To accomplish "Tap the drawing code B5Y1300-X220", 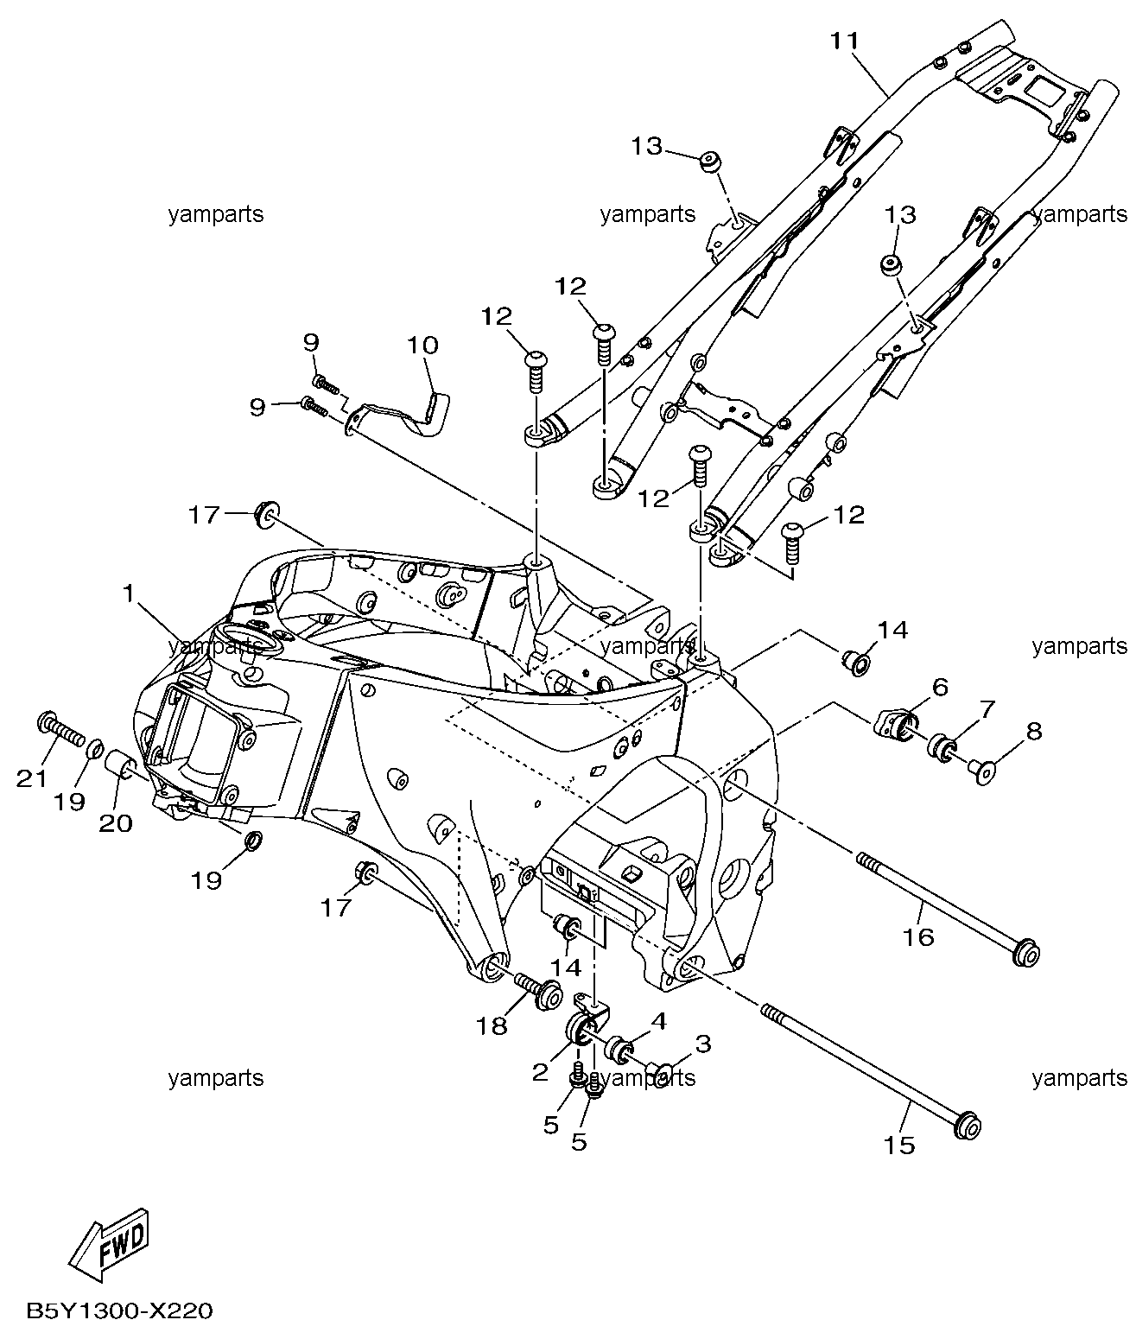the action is [120, 1311].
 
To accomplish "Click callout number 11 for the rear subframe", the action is [845, 41].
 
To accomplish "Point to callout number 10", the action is [423, 345].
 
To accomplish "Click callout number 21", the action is [32, 778].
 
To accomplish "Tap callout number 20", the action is [115, 823].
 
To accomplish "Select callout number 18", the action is [492, 1026].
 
